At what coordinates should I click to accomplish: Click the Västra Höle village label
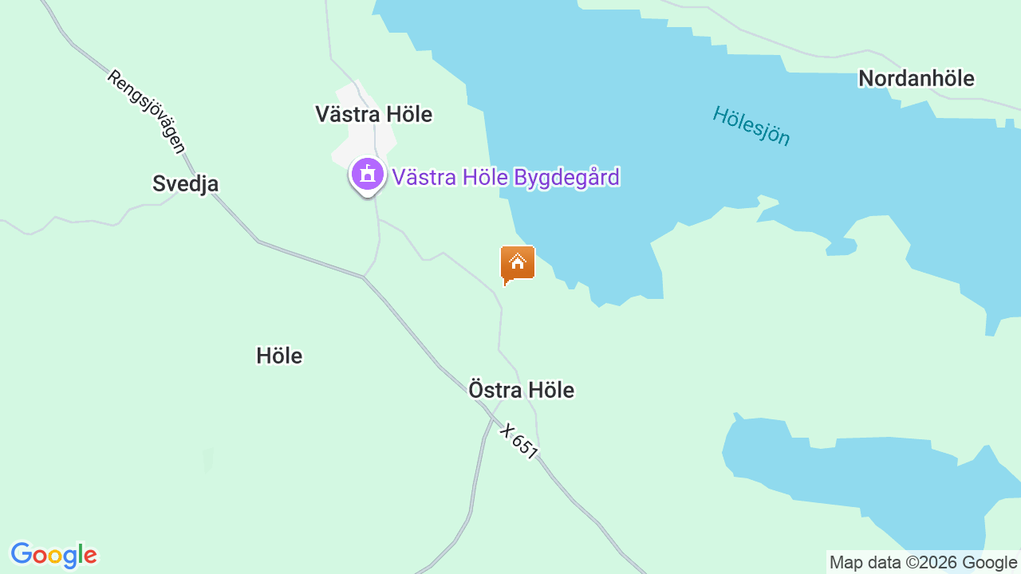pyautogui.click(x=373, y=115)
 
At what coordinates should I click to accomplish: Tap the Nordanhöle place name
pyautogui.click(x=916, y=79)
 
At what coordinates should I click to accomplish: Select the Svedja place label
pyautogui.click(x=185, y=184)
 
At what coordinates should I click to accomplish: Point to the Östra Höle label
pyautogui.click(x=521, y=391)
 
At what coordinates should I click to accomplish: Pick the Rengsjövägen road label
pyautogui.click(x=146, y=112)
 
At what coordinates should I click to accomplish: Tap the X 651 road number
pyautogui.click(x=519, y=441)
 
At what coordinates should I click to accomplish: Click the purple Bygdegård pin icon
pyautogui.click(x=367, y=174)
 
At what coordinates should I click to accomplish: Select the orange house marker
pyautogui.click(x=517, y=264)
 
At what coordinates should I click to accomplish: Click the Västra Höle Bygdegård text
pyautogui.click(x=505, y=177)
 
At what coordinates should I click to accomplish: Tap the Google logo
pyautogui.click(x=54, y=555)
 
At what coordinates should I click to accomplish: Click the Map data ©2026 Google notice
pyautogui.click(x=923, y=562)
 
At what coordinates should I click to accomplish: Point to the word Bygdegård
pyautogui.click(x=566, y=177)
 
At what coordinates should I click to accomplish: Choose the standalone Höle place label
pyautogui.click(x=279, y=356)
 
